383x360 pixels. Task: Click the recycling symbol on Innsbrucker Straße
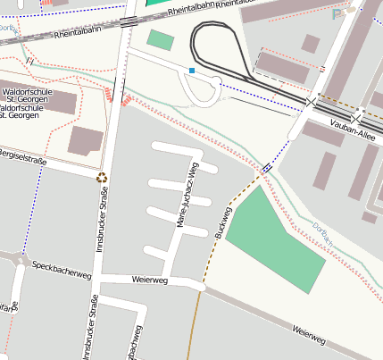(103, 177)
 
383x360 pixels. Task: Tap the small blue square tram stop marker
(192, 70)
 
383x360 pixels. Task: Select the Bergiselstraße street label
(21, 157)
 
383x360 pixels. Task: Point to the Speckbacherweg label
(62, 267)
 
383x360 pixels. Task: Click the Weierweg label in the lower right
(308, 334)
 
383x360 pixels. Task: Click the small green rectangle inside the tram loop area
(161, 40)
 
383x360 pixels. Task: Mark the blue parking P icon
(337, 14)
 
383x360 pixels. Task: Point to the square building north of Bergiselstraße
(86, 141)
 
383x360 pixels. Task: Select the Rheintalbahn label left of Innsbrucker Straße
(75, 34)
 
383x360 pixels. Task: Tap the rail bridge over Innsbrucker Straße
(128, 20)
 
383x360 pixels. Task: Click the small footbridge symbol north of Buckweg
(267, 168)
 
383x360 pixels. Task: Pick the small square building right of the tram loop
(311, 44)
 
